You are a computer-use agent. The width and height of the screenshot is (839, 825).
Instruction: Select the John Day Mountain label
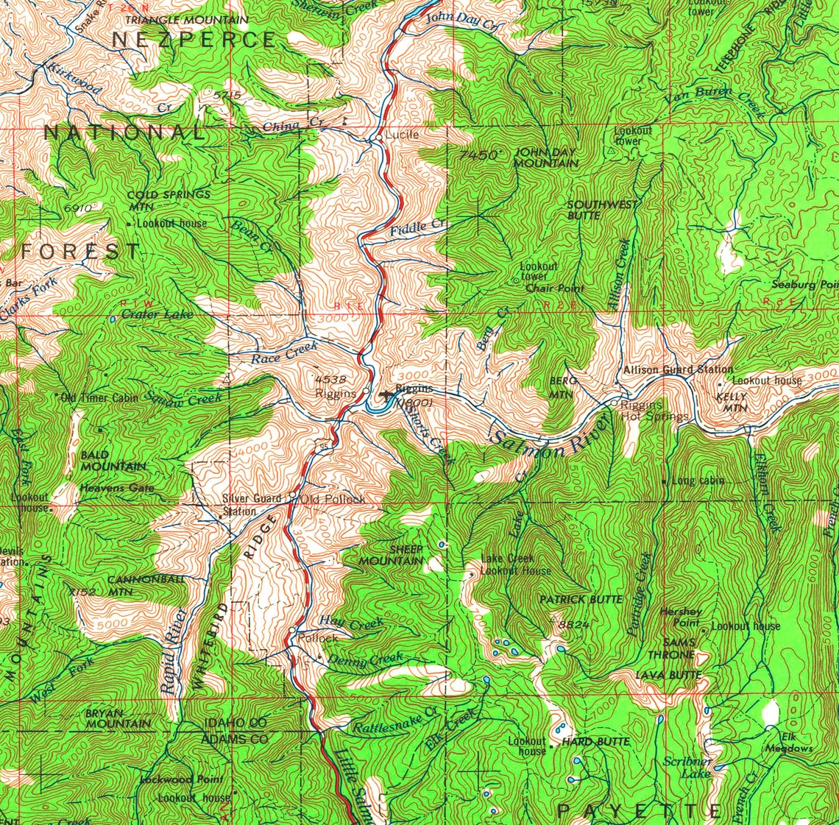(546, 157)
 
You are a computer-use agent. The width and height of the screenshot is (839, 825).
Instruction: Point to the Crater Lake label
(157, 314)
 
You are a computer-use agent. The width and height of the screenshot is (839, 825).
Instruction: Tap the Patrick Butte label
(581, 600)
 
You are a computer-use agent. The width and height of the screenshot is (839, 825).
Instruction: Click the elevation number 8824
(575, 625)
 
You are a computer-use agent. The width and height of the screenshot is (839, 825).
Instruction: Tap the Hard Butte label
(595, 742)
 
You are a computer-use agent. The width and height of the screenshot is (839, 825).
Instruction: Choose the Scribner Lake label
(687, 767)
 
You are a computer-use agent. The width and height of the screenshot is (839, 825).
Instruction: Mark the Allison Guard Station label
(678, 369)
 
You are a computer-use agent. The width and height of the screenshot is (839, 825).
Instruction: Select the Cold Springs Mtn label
(169, 200)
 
